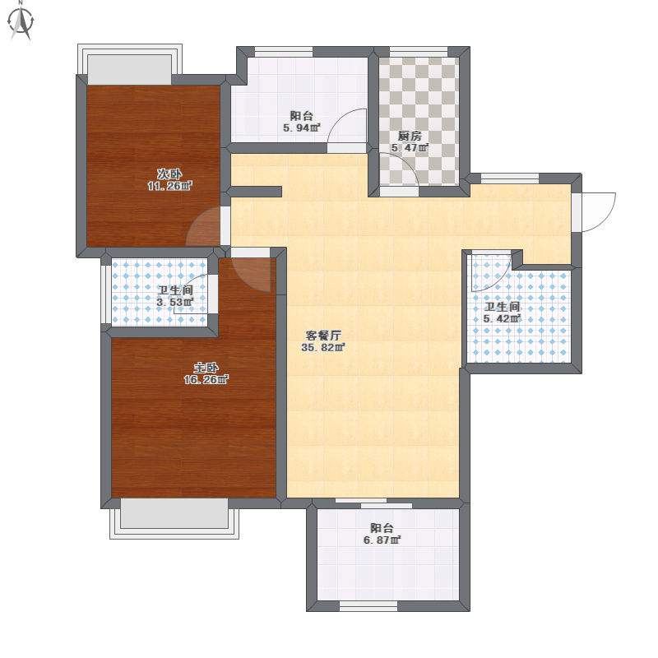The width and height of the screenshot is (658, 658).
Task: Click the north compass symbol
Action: (x=21, y=22)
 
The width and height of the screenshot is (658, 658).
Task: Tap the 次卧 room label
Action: (x=169, y=174)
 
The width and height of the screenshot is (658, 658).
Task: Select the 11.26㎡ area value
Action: (x=169, y=186)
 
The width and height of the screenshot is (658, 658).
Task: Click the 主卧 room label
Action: (x=206, y=368)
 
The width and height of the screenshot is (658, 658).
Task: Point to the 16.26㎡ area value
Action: (x=206, y=380)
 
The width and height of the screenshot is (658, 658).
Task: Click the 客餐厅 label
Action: (x=323, y=336)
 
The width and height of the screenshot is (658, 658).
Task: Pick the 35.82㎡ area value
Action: (x=323, y=347)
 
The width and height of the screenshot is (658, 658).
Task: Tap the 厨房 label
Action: (x=410, y=136)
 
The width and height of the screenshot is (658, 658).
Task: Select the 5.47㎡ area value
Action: (x=410, y=148)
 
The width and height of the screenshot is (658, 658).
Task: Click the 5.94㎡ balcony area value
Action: (x=302, y=127)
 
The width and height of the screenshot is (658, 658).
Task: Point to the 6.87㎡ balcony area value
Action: (x=382, y=540)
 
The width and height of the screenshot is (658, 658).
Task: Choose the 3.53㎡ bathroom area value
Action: (x=175, y=302)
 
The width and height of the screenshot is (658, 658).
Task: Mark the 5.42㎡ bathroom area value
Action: (x=502, y=319)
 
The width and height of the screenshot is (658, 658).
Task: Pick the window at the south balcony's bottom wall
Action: (x=368, y=606)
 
